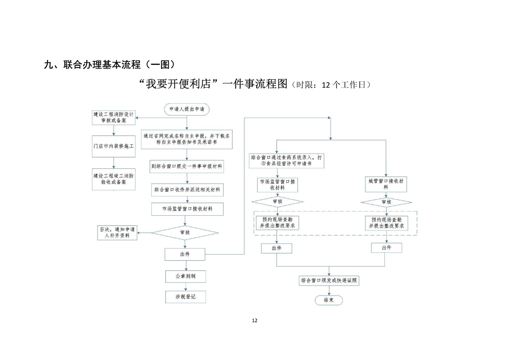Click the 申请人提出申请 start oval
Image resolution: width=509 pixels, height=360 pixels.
pyautogui.click(x=186, y=109)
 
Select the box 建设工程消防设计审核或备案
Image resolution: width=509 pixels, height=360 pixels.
pyautogui.click(x=113, y=118)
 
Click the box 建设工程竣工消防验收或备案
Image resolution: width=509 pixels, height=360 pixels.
pyautogui.click(x=113, y=179)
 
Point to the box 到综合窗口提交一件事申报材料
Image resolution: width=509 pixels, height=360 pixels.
pyautogui.click(x=187, y=167)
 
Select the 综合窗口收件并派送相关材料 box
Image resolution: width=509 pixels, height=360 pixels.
pyautogui.click(x=187, y=189)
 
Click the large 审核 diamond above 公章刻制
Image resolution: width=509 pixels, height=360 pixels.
pyautogui.click(x=185, y=232)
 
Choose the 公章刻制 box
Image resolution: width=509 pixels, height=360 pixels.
pyautogui.click(x=185, y=276)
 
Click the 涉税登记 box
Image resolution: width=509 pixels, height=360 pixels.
pyautogui.click(x=185, y=296)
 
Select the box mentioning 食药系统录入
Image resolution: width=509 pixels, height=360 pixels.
pyautogui.click(x=287, y=161)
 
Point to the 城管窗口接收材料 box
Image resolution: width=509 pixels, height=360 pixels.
pyautogui.click(x=386, y=183)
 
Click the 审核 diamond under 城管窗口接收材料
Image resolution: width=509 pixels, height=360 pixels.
pyautogui.click(x=386, y=202)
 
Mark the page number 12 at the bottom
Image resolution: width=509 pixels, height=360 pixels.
pyautogui.click(x=254, y=321)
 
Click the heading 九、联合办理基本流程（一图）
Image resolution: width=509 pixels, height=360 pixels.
pyautogui.click(x=109, y=64)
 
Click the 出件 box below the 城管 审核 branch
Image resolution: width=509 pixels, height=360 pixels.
pyautogui.click(x=387, y=248)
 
